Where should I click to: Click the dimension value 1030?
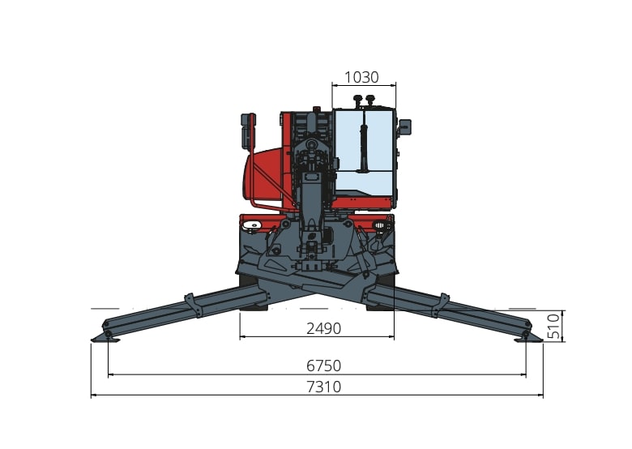click(x=361, y=77)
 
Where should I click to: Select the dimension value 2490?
click(x=323, y=328)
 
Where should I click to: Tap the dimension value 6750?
click(x=323, y=366)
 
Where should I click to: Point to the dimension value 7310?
click(x=323, y=387)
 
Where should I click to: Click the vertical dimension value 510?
click(x=553, y=326)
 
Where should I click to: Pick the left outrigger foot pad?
click(x=105, y=340)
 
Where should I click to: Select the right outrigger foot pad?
click(x=529, y=340)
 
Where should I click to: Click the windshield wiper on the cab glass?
click(x=364, y=148)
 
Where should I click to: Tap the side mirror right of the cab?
click(x=404, y=127)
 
